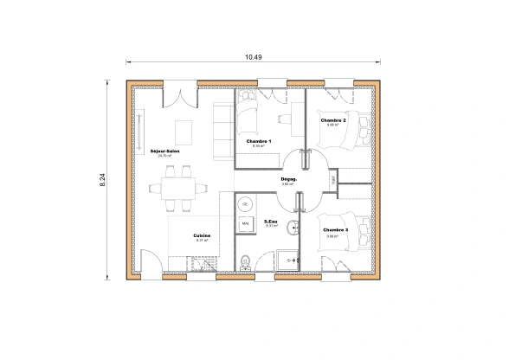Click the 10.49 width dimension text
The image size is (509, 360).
(254, 57)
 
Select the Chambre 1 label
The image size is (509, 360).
(258, 141)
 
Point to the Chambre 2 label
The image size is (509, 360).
(333, 121)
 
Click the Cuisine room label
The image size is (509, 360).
(201, 235)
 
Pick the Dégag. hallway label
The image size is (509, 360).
(289, 180)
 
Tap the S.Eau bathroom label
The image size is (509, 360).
(270, 221)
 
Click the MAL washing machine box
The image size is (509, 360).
(245, 224)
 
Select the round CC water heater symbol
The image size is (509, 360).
(245, 203)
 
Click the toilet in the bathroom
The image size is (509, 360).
(247, 260)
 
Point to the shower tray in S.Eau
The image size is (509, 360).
(285, 258)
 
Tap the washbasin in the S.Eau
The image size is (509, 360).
(295, 227)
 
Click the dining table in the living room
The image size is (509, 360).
(180, 186)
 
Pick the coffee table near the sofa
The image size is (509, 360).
(185, 131)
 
